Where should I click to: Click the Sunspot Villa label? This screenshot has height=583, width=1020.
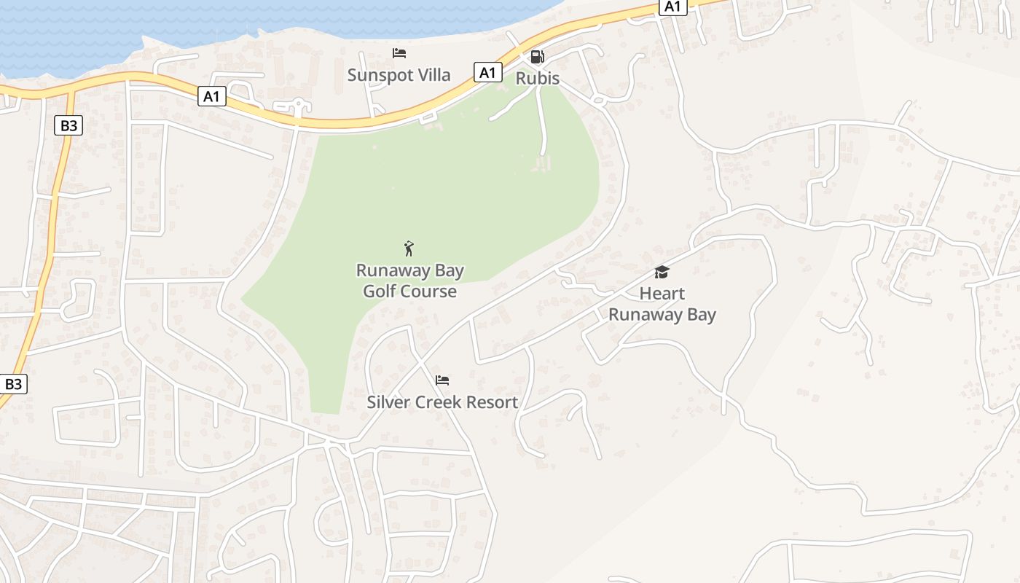pos(399,75)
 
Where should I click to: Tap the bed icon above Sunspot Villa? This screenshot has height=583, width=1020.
pos(399,53)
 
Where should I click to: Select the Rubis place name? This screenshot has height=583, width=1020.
pos(538,78)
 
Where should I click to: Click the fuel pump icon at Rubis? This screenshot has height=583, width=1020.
pos(537,57)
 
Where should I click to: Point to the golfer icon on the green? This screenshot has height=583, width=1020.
pos(409,249)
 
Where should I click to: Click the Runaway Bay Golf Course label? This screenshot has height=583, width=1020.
pos(409,281)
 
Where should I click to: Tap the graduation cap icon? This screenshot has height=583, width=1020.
pos(662,273)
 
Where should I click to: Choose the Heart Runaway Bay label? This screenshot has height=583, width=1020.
pos(662,304)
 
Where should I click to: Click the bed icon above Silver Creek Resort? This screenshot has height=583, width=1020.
pos(442,380)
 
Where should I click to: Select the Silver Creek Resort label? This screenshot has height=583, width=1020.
pos(442,402)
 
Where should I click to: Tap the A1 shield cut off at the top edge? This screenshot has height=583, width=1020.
pos(672,7)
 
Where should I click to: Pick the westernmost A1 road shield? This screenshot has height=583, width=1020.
pos(211,96)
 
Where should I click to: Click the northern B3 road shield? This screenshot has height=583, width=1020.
pos(68,125)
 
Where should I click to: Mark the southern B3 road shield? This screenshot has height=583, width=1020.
pos(14,384)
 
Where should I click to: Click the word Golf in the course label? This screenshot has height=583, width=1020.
pos(379,291)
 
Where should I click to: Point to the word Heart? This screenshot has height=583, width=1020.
pos(662,294)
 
